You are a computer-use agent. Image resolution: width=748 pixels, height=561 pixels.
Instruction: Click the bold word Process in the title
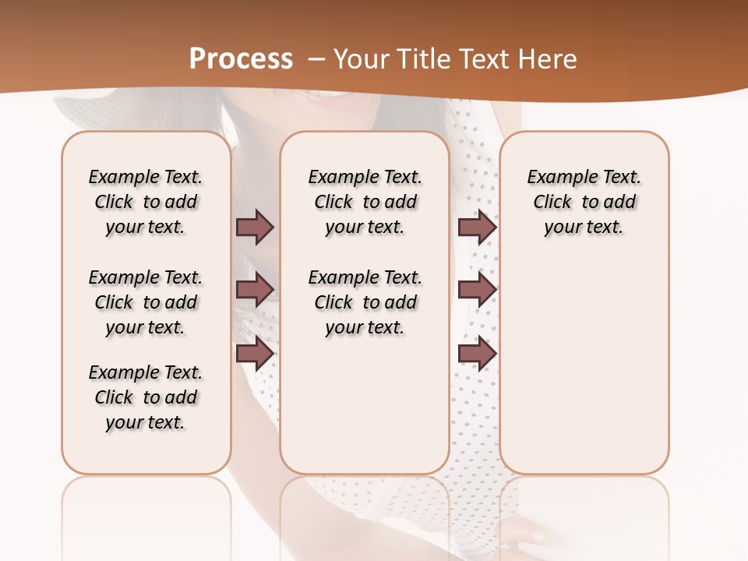(x=241, y=59)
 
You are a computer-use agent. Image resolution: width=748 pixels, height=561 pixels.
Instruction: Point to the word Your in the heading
(x=362, y=59)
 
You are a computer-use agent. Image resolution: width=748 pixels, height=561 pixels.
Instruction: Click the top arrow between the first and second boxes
(x=255, y=227)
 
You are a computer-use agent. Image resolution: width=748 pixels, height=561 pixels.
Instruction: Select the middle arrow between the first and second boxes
(x=255, y=290)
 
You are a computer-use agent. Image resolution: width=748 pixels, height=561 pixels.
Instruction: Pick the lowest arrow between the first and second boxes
(x=255, y=354)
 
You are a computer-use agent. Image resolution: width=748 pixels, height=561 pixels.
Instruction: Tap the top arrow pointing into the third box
(x=477, y=227)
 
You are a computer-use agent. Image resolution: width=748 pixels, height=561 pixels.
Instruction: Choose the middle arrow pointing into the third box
(x=477, y=290)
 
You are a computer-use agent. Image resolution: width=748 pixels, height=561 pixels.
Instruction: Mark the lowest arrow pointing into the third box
(x=477, y=354)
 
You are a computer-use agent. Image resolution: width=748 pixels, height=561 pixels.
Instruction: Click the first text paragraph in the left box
(x=146, y=202)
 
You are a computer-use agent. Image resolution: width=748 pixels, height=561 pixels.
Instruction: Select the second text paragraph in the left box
(x=146, y=302)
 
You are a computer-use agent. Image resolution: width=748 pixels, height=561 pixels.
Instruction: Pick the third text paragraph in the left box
(x=146, y=397)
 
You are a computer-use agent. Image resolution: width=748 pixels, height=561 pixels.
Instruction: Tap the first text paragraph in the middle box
(x=365, y=202)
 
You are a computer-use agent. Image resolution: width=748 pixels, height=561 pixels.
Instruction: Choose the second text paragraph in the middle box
(x=365, y=302)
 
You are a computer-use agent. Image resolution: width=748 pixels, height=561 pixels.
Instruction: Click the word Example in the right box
(x=555, y=178)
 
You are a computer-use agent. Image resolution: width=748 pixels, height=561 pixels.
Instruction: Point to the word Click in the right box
(x=552, y=203)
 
